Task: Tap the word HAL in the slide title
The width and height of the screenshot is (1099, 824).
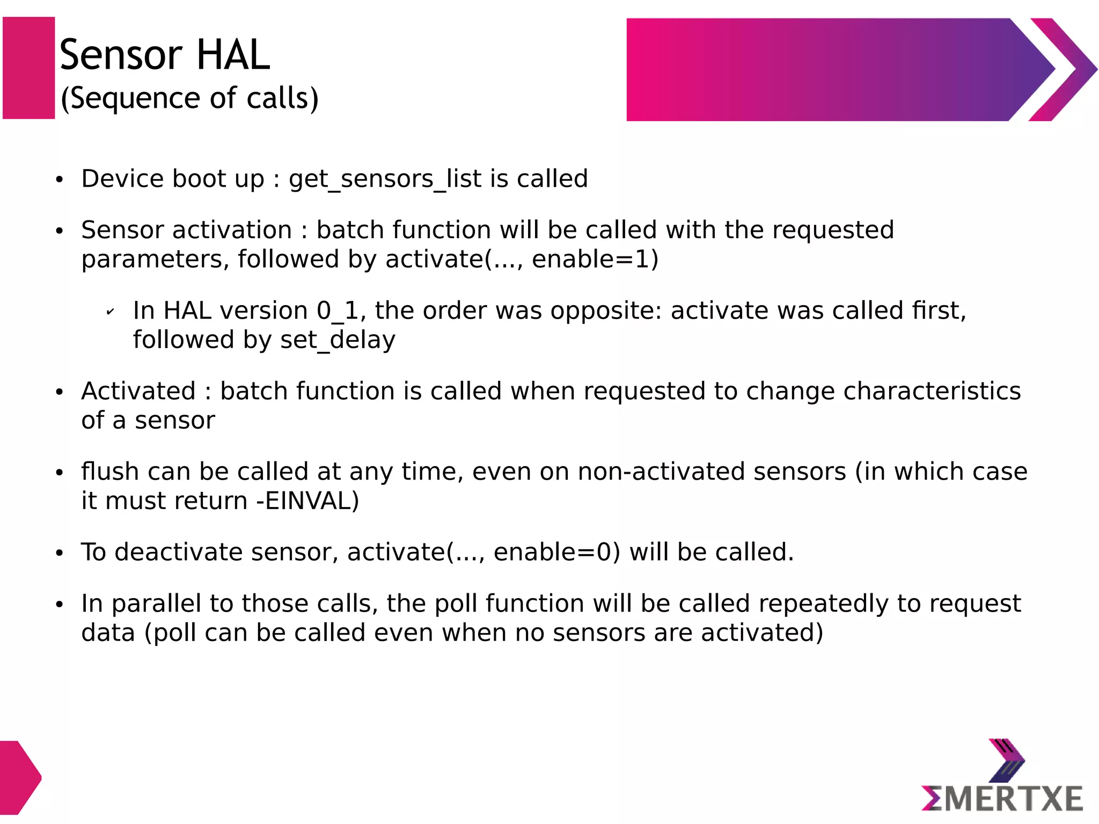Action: pos(233,55)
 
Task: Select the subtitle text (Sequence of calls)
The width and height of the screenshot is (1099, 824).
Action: pos(189,99)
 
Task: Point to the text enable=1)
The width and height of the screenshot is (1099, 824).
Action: pos(595,260)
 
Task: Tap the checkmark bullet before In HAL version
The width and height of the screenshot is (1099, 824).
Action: pos(110,312)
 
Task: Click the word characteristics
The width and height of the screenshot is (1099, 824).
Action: pos(932,392)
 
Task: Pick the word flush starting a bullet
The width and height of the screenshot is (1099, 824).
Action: pos(110,472)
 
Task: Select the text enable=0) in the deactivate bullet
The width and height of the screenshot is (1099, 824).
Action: pos(556,553)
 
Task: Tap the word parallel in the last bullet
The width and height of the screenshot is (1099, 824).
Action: pos(156,604)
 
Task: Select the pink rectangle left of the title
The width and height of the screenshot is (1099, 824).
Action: pos(29,68)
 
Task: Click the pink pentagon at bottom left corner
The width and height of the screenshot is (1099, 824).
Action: pos(18,777)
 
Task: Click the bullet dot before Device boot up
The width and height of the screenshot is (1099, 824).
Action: pos(60,180)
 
